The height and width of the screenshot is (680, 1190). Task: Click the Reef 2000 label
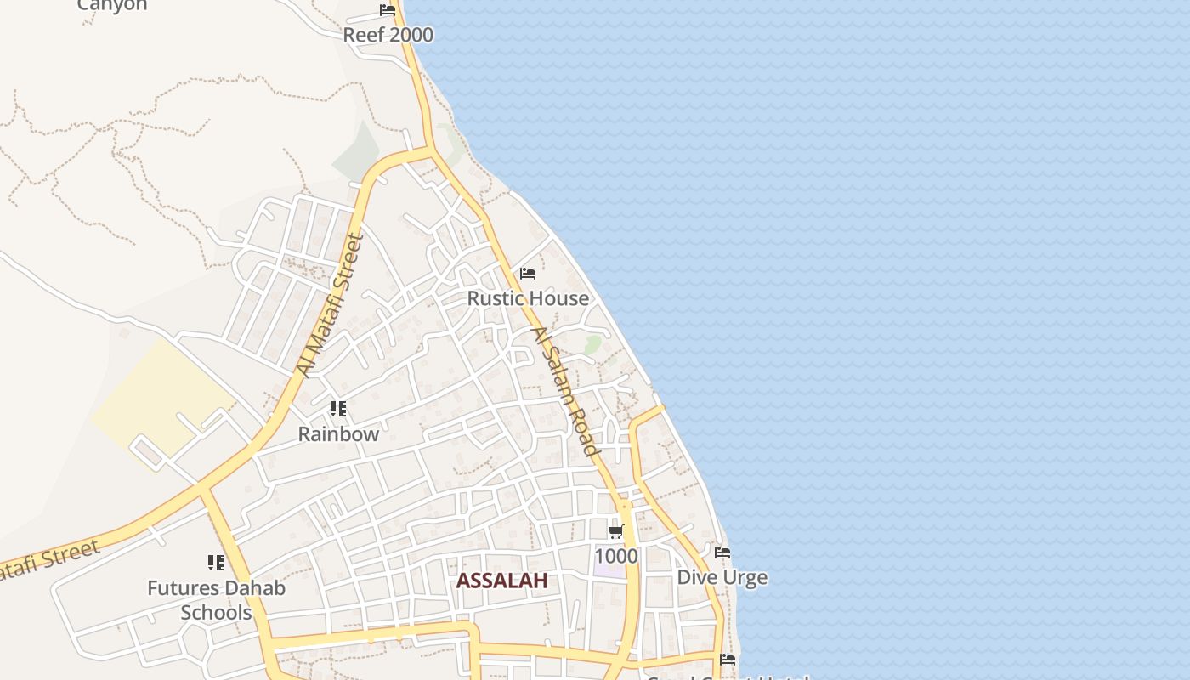[x=388, y=35]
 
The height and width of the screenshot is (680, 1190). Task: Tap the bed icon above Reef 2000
[x=388, y=11]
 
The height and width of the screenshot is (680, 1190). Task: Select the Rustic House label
[x=528, y=298]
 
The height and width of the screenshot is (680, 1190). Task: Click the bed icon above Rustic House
[x=528, y=274]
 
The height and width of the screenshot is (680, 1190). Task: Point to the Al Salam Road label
[x=565, y=390]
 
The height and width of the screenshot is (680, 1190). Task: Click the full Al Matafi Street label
[x=330, y=306]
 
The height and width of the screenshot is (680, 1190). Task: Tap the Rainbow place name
[x=338, y=433]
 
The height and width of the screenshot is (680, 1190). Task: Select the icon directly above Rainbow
[x=338, y=409]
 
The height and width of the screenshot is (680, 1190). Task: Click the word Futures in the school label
[x=181, y=588]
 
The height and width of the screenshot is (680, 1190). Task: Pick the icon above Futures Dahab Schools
[x=216, y=563]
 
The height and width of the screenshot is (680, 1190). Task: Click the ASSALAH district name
[x=501, y=581]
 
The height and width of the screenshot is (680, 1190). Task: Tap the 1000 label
[x=616, y=556]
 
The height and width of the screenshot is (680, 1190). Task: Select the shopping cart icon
[x=616, y=532]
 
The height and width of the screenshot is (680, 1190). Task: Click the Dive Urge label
[x=722, y=578]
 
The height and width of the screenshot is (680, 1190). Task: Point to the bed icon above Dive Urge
[x=722, y=552]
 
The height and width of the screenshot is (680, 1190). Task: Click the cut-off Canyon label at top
[x=112, y=5]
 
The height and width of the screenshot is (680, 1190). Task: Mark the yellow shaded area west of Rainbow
[x=161, y=395]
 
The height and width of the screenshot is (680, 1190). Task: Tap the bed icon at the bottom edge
[x=728, y=659]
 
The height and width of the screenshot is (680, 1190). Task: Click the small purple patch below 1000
[x=609, y=570]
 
